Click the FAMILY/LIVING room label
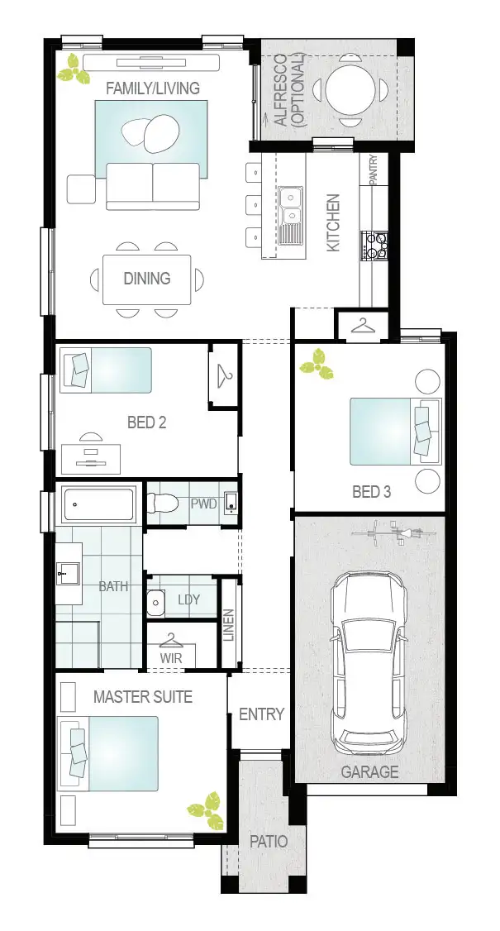[152, 88]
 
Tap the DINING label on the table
[147, 279]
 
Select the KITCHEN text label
[333, 223]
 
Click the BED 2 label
[147, 423]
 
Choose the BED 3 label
[371, 492]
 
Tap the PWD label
[203, 504]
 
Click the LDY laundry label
[188, 599]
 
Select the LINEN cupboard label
[229, 626]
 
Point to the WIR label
[171, 658]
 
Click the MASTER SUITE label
[143, 697]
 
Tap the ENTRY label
[261, 714]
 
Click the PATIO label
[269, 842]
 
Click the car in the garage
[369, 662]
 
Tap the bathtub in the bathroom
[99, 504]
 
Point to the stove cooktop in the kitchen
[375, 245]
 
